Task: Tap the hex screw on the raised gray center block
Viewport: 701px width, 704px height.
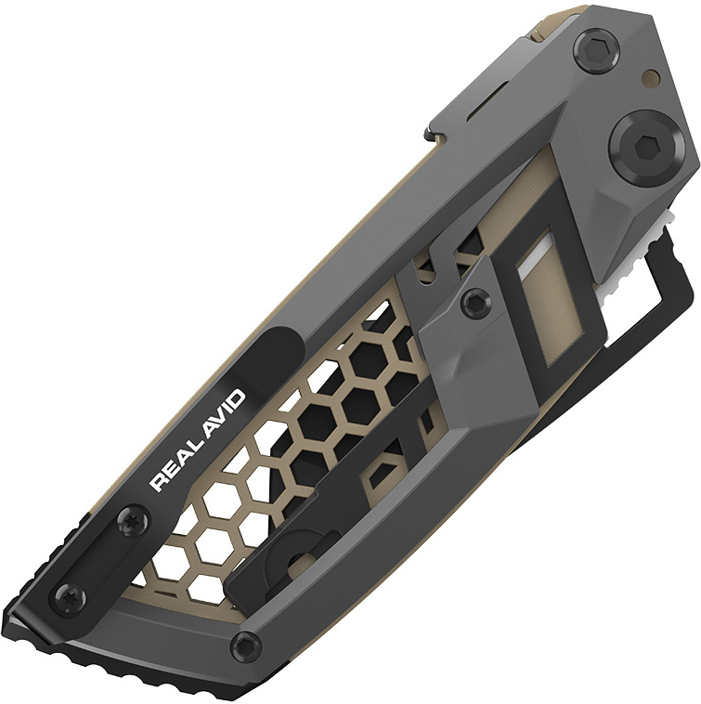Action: click(x=477, y=300)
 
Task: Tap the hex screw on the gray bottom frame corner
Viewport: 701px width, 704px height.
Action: click(x=245, y=643)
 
